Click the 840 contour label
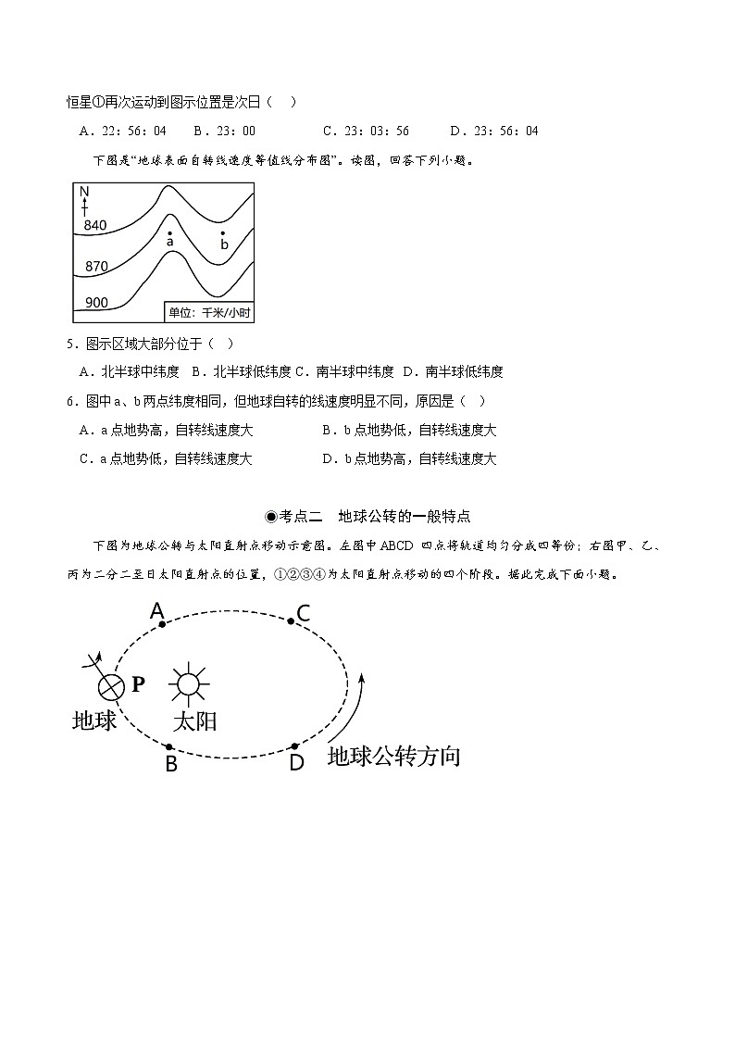tap(95, 225)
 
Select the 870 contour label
tap(95, 267)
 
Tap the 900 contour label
tap(95, 303)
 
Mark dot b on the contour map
tap(222, 233)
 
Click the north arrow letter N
tap(84, 193)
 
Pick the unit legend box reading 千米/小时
tap(208, 312)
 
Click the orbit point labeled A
tap(162, 624)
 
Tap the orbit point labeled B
tap(168, 746)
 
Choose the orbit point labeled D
tap(294, 746)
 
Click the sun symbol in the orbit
tap(188, 684)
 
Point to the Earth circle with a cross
tap(111, 686)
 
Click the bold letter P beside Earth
tap(138, 684)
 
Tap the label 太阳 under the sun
tap(194, 720)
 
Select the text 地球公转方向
tap(393, 757)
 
